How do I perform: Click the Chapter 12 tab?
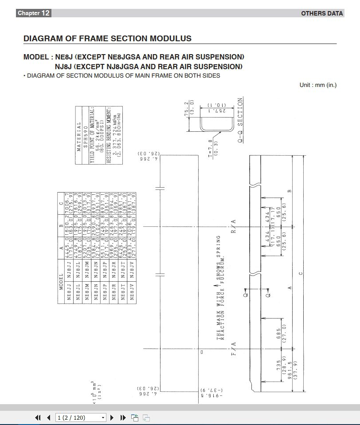point(33,13)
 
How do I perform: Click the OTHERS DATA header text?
point(322,13)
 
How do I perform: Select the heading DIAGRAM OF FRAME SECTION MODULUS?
point(107,39)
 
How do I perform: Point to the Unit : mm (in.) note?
point(318,85)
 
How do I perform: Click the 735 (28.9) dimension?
point(281,366)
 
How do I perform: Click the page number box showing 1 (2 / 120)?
point(81,417)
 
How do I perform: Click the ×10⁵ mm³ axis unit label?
point(95,391)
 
